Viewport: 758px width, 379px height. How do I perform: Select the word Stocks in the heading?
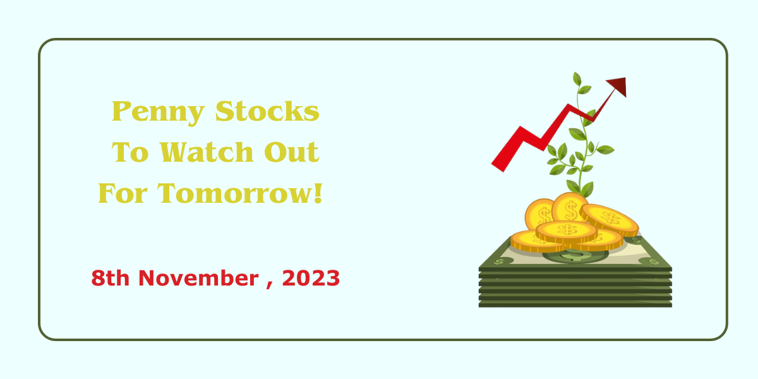click(267, 111)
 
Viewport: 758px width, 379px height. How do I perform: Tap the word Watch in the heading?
click(207, 152)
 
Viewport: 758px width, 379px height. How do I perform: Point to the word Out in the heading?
click(291, 152)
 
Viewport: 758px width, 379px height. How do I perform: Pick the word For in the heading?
click(123, 193)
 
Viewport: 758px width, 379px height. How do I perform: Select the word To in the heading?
click(130, 152)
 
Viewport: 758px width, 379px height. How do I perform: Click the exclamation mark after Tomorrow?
click(318, 193)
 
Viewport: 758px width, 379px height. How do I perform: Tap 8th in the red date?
click(111, 278)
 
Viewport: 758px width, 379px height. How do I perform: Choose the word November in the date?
click(198, 278)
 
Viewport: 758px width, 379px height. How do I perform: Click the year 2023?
click(311, 278)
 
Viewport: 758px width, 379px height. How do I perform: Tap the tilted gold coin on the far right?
click(610, 220)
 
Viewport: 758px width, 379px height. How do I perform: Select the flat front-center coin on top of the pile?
click(567, 231)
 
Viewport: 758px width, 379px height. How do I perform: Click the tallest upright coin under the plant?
click(570, 208)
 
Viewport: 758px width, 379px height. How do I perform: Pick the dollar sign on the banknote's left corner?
click(498, 262)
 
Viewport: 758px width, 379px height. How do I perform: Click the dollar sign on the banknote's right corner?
click(653, 262)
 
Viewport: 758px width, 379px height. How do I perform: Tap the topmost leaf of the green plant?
click(577, 79)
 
